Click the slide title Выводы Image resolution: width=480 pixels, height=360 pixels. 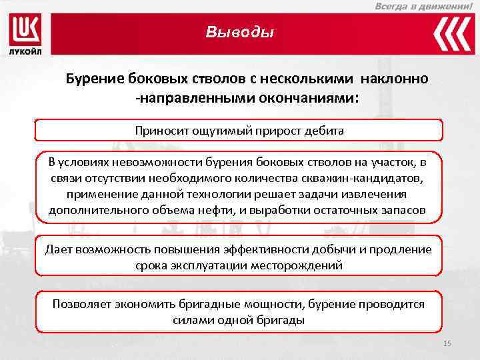239,32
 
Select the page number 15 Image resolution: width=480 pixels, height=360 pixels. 447,343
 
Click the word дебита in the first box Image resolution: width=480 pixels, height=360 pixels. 325,131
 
